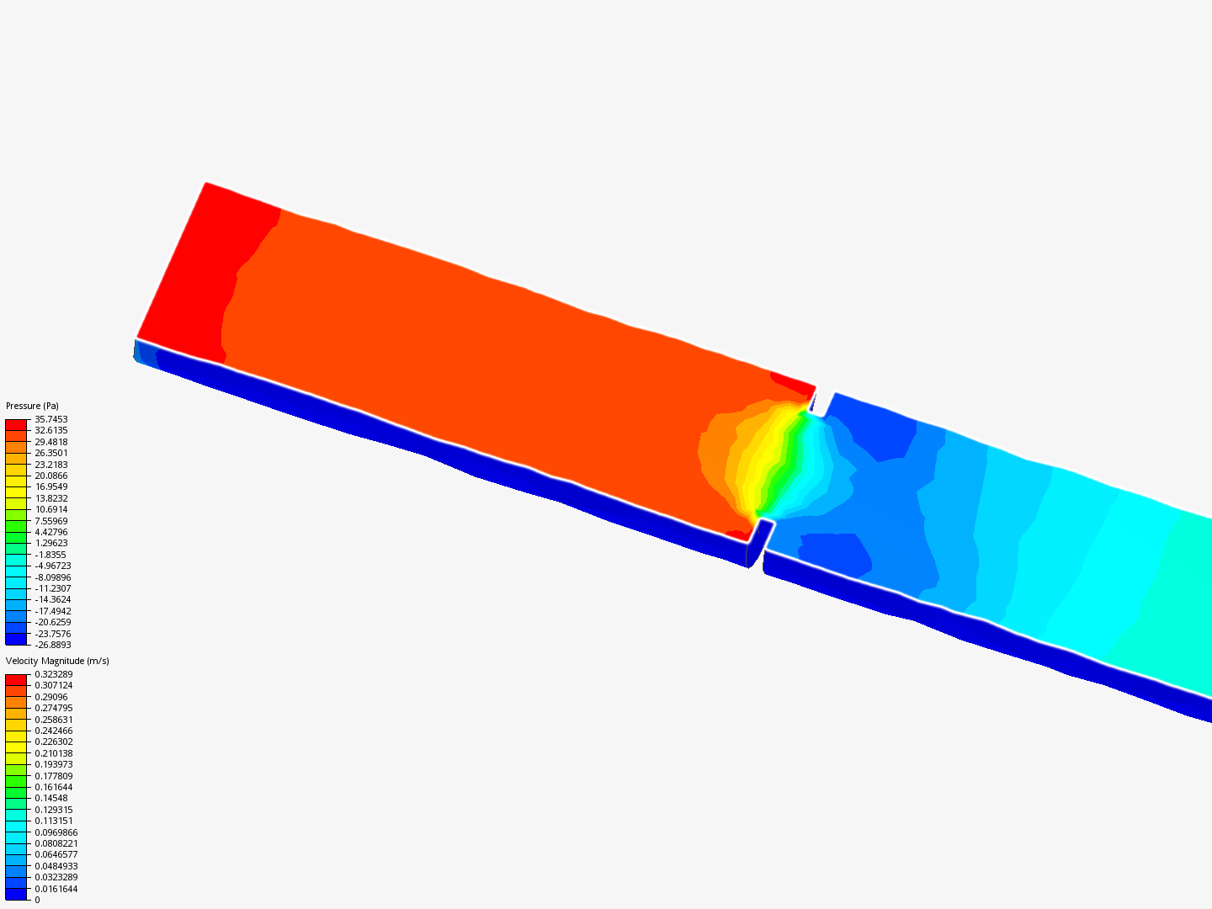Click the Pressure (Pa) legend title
(32, 406)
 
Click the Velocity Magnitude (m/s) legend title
(57, 661)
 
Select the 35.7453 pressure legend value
(51, 419)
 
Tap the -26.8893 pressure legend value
(53, 645)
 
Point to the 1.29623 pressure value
(51, 543)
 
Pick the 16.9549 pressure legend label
(51, 486)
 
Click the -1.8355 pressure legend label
(50, 555)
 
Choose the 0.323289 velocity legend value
(54, 674)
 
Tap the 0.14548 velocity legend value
(51, 798)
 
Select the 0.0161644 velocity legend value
(56, 889)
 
